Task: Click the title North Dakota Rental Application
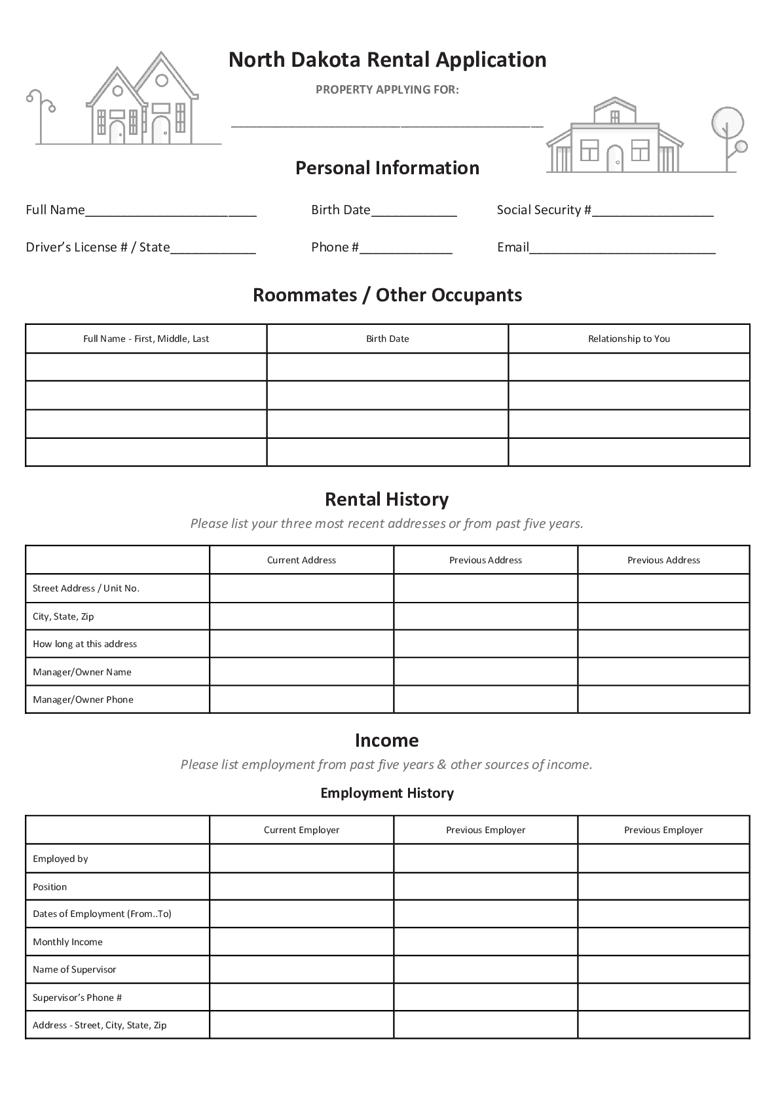tap(387, 60)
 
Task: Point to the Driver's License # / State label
tap(98, 247)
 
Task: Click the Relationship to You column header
tap(629, 339)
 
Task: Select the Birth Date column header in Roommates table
tap(387, 339)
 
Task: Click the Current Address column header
tap(301, 560)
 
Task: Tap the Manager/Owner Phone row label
tap(83, 700)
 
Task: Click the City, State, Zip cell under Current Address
tap(301, 616)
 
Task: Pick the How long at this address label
tap(85, 644)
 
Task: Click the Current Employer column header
tap(301, 830)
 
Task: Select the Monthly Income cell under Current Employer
tap(301, 942)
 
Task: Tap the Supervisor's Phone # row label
tap(77, 998)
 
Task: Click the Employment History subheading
tap(387, 793)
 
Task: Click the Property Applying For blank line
tap(387, 123)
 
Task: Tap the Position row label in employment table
tap(50, 887)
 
